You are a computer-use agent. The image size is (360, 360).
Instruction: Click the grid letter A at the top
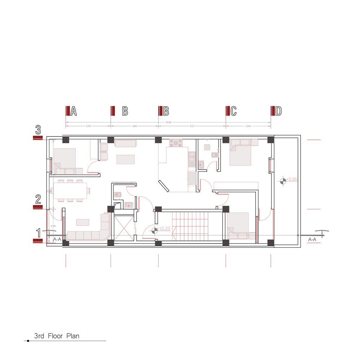[x=74, y=111]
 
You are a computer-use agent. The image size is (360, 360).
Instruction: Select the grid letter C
[x=234, y=111]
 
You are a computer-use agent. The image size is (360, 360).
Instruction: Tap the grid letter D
[x=278, y=111]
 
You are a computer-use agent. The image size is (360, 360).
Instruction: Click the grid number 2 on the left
[x=38, y=199]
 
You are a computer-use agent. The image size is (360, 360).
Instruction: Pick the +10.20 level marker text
[x=164, y=228]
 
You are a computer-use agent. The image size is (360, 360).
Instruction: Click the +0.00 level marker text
[x=292, y=179]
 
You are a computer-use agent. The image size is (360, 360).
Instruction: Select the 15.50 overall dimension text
[x=168, y=122]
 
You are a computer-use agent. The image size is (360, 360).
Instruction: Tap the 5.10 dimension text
[x=192, y=126]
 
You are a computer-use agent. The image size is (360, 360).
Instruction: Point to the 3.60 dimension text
[x=134, y=126]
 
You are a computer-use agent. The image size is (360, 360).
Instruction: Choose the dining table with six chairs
[x=70, y=191]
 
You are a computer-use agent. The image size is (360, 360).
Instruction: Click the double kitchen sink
[x=191, y=158]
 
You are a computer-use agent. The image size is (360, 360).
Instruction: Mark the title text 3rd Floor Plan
[x=57, y=336]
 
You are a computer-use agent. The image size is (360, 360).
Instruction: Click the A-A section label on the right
[x=312, y=239]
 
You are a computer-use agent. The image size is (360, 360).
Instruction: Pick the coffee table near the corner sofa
[x=83, y=222]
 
